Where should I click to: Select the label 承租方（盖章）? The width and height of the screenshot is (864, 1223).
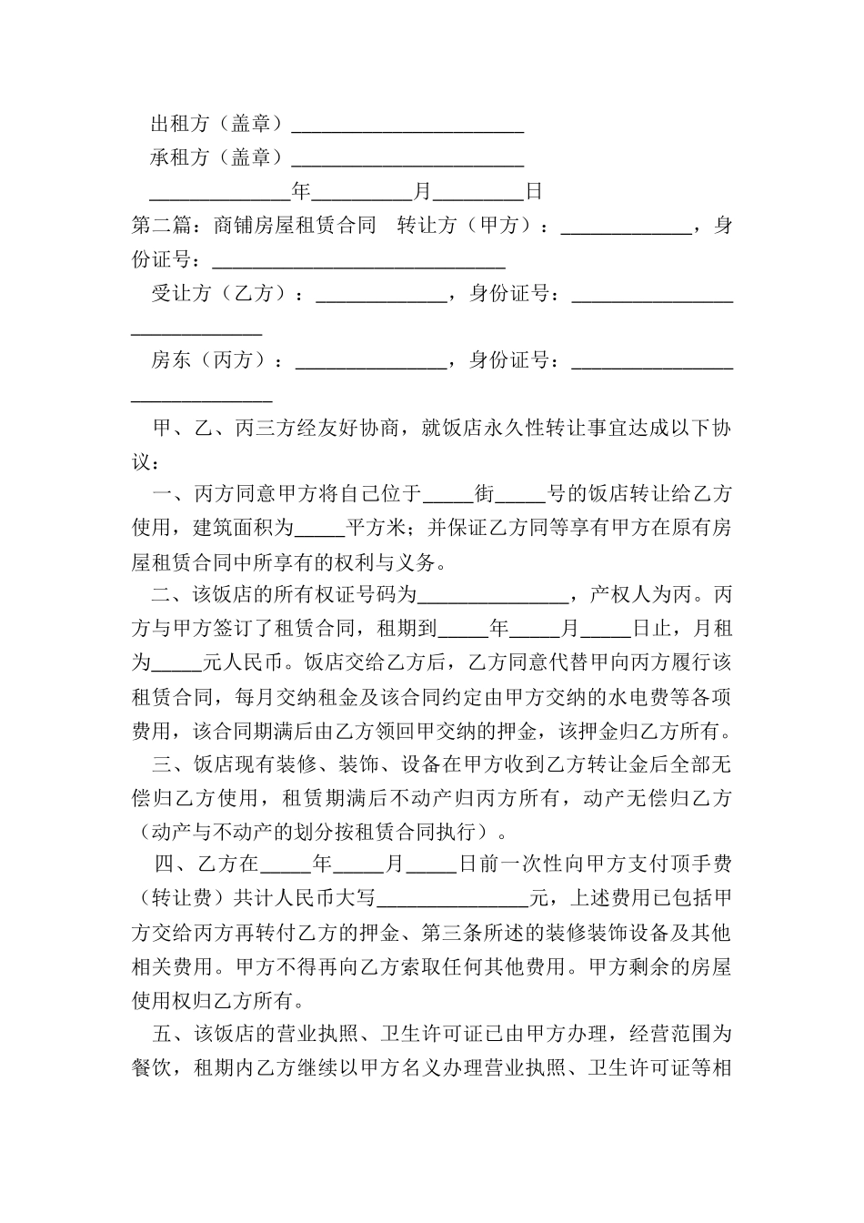pos(216,158)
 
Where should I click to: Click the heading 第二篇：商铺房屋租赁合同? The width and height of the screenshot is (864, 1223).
pos(254,226)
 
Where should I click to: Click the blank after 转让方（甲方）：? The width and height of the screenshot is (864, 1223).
pos(626,226)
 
